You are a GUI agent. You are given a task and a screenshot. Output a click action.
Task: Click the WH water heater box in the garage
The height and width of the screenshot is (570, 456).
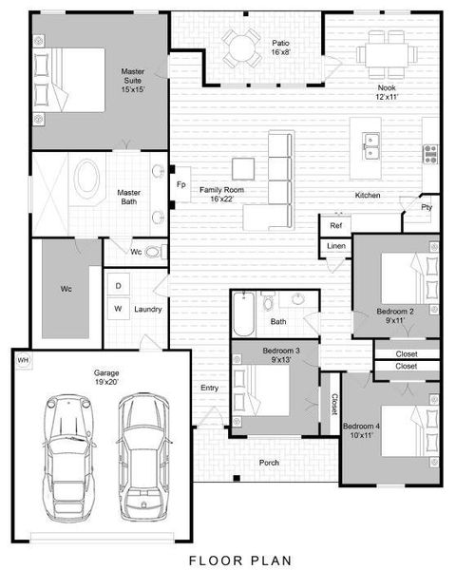point(23,360)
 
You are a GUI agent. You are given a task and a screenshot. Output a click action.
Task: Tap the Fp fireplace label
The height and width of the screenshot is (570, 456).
point(180,184)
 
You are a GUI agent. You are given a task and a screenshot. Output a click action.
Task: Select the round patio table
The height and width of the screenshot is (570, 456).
point(242,46)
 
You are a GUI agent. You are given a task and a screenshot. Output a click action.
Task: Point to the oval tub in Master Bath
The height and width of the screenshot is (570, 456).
point(87,180)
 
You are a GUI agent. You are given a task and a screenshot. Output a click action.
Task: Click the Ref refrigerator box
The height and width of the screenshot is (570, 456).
point(334,226)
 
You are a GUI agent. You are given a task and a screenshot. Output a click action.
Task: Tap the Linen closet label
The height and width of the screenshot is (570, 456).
point(335,246)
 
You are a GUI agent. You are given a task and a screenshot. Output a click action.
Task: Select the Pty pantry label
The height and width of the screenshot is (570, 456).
point(427,207)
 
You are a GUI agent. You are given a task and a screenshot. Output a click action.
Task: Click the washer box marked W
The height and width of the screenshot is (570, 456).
point(119,308)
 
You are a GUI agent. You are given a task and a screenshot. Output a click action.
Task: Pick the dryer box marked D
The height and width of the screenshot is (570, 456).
point(119,285)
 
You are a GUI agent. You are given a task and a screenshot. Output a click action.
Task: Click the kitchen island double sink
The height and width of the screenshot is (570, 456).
point(372,146)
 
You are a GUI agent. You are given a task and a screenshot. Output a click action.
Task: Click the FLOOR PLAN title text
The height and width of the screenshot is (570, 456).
point(227,560)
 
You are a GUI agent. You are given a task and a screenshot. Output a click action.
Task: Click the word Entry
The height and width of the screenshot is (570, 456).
point(209,388)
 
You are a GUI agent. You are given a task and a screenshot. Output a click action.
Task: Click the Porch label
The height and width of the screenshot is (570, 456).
point(270,463)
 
